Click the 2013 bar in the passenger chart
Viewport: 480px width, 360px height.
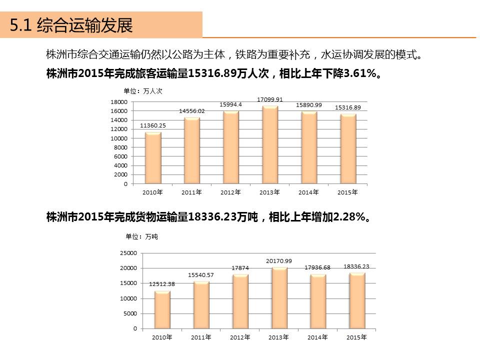269,145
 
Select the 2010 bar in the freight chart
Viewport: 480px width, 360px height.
162,310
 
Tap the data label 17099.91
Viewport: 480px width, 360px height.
270,99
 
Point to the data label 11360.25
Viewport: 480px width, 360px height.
153,125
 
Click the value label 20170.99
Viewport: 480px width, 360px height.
279,261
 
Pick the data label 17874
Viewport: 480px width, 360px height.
240,268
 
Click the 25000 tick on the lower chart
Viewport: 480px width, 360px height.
128,253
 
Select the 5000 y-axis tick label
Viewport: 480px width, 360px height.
129,313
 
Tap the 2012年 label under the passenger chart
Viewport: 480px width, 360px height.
230,192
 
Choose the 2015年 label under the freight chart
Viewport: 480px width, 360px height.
356,337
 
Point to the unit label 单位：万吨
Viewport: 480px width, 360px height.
141,236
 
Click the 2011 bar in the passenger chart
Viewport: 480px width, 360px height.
191,151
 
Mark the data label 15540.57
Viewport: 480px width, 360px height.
201,275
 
